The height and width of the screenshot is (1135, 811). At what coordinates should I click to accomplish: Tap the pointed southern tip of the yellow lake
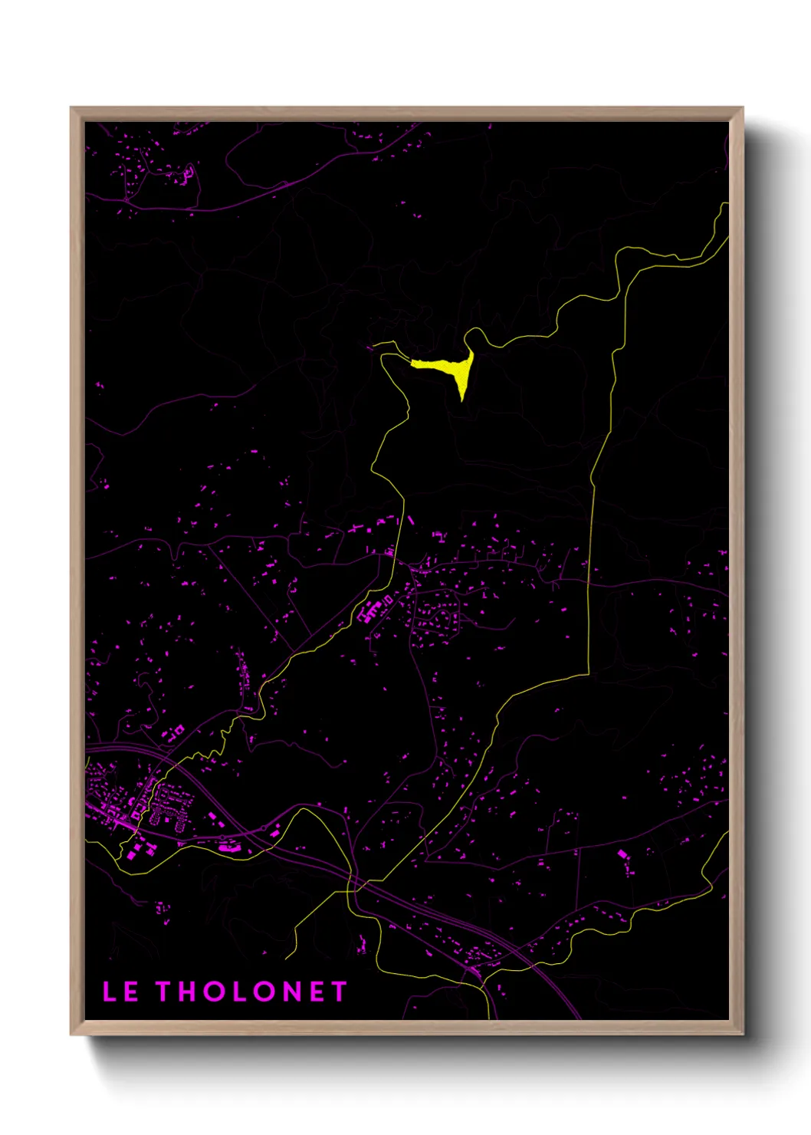[x=461, y=398]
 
